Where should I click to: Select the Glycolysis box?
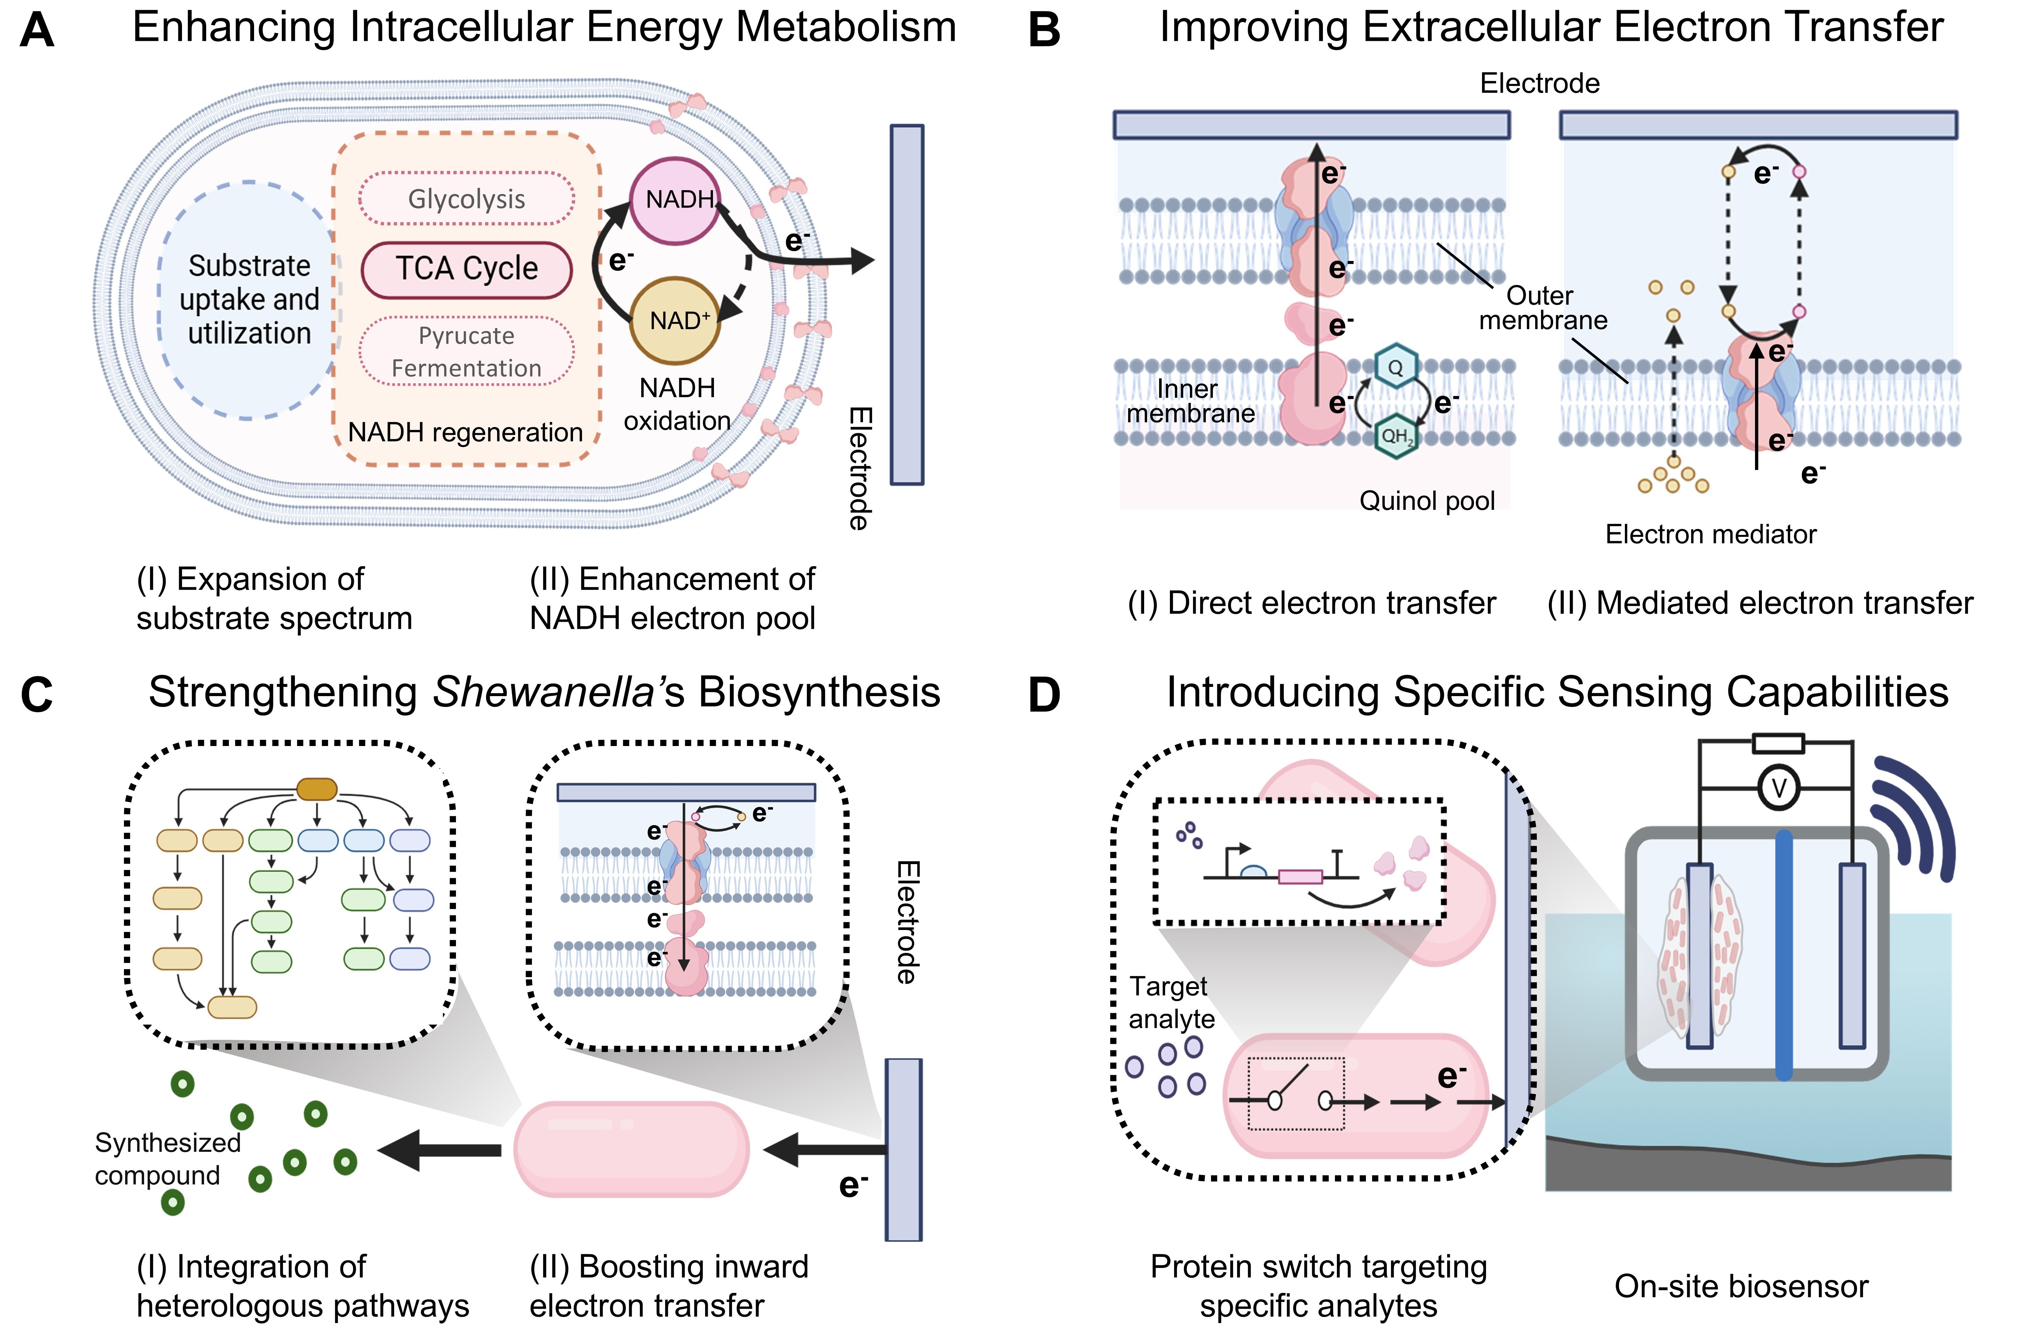[466, 199]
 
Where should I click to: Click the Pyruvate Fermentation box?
[466, 351]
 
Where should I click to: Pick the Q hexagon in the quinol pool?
[1395, 367]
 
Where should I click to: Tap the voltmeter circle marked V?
[1778, 788]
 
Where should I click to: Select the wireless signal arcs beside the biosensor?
[1913, 818]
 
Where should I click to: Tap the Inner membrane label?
[1189, 401]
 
